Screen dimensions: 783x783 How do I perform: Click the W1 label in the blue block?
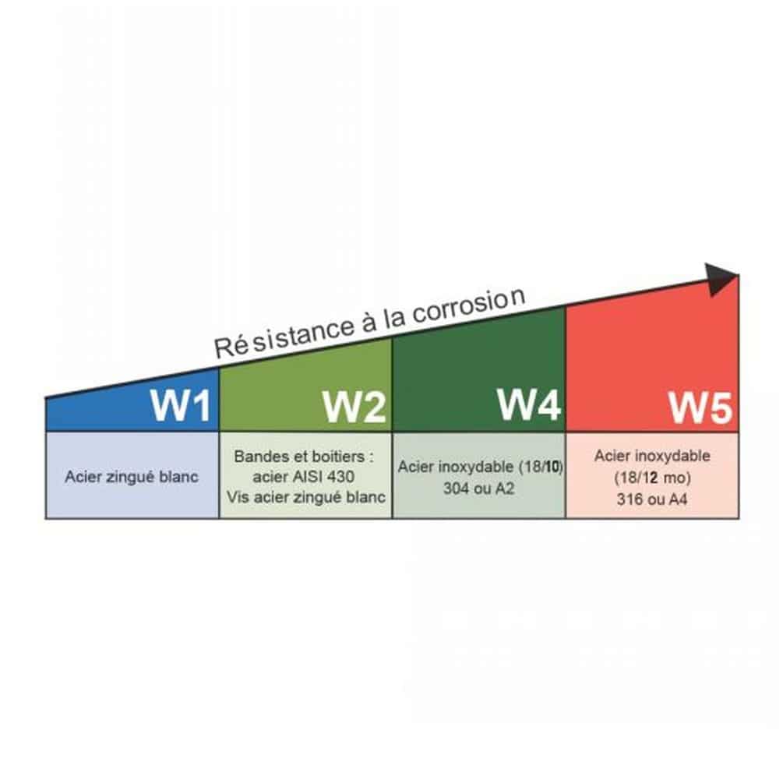tap(180, 404)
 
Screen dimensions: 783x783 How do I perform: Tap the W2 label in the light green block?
tap(354, 407)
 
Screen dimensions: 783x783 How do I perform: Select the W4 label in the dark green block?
tap(529, 404)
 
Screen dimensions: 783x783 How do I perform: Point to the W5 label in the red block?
tap(700, 407)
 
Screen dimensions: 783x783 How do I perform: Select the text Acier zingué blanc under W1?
tap(132, 477)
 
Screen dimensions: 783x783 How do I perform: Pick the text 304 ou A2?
tap(479, 488)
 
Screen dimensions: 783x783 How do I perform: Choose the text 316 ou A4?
tap(652, 499)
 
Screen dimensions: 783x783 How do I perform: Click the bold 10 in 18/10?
tap(552, 467)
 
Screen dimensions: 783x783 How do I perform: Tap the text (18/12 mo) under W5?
tap(652, 478)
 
